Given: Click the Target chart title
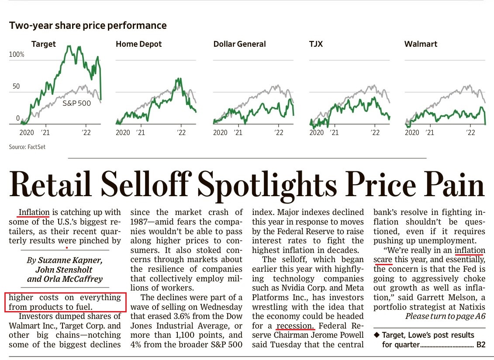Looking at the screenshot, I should [x=43, y=44].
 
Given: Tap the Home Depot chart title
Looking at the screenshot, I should [x=138, y=44].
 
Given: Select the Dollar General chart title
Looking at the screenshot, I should [x=239, y=44].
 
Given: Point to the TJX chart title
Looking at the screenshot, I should [x=316, y=44].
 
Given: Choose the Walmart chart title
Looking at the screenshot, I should [x=421, y=44].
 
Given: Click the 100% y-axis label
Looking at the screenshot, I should [x=17, y=55].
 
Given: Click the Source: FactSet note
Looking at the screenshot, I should [x=27, y=147].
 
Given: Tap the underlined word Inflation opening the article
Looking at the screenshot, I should [x=34, y=212].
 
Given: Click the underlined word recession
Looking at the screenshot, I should [x=295, y=325].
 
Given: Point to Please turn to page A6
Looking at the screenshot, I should [x=445, y=316].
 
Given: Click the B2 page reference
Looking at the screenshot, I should [x=480, y=345].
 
